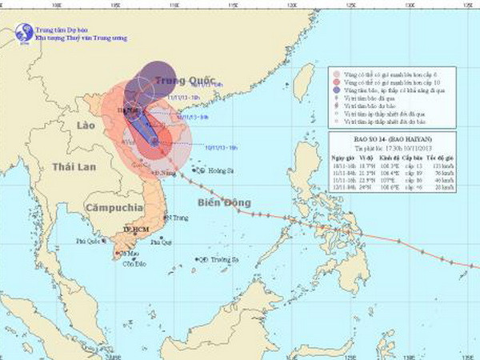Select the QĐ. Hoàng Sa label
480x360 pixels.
212,170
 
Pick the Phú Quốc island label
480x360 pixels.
90,240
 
